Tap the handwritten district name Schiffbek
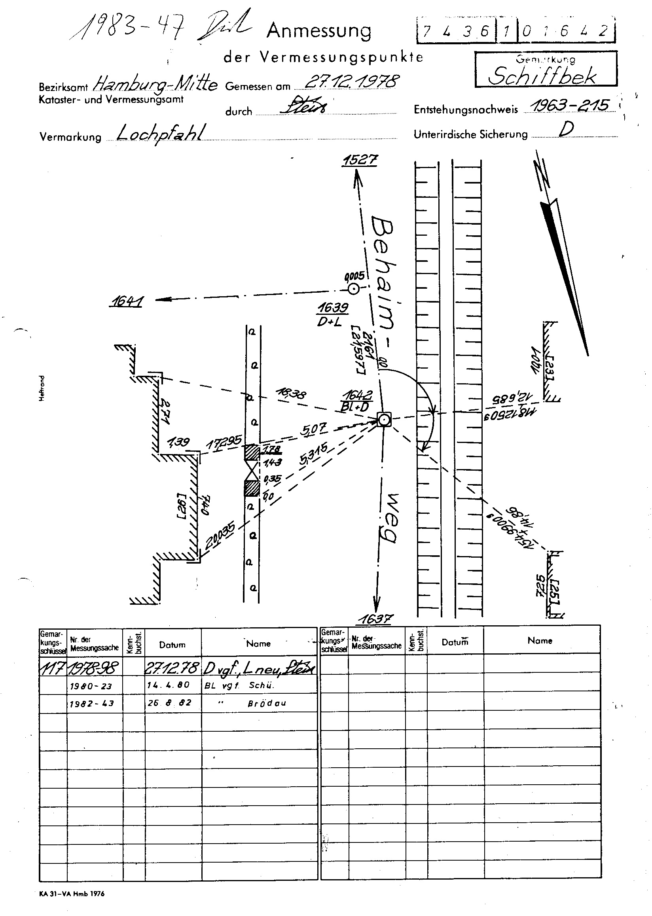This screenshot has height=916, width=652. (x=542, y=76)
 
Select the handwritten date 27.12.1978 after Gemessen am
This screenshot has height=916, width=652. (x=352, y=81)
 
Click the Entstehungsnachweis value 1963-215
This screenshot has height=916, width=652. (x=569, y=105)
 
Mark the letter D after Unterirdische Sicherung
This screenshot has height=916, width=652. (x=566, y=130)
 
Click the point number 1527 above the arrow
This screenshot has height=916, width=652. (x=360, y=160)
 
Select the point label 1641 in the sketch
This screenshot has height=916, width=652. (x=127, y=301)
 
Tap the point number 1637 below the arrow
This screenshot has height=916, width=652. (x=376, y=619)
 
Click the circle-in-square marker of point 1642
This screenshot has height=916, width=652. (x=384, y=420)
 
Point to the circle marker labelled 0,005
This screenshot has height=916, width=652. (x=353, y=289)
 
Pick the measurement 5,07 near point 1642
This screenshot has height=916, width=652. (x=314, y=429)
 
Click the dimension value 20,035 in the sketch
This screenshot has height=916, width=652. (x=220, y=536)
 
